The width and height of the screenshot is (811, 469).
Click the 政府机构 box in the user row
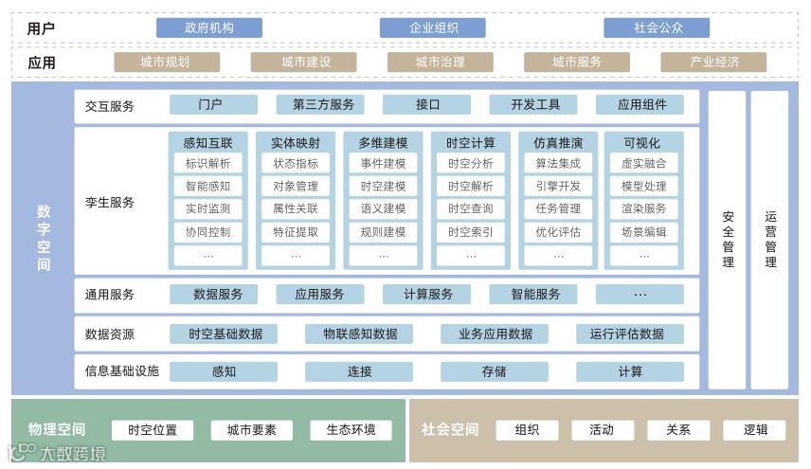[x=208, y=27]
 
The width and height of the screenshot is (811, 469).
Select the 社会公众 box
[x=658, y=27]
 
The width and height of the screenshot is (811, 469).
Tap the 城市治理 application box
[x=440, y=63]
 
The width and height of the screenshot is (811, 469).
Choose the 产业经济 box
[x=713, y=63]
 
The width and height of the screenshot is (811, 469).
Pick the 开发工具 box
[x=534, y=105]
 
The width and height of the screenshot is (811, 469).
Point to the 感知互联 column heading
[x=207, y=143]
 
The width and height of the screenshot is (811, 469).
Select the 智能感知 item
[x=207, y=186]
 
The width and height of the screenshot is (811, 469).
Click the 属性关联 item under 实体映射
[x=295, y=208]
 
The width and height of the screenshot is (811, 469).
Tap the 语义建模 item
[x=383, y=208]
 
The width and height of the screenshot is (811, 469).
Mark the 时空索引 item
[x=470, y=231]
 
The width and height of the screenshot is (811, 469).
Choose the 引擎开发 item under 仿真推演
[x=557, y=186]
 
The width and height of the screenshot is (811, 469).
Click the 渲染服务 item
[x=644, y=208]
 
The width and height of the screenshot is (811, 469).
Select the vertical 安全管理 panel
[x=728, y=239]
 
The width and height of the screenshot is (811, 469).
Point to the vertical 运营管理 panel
[x=770, y=239]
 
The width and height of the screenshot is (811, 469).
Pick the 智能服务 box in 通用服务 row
[x=534, y=294]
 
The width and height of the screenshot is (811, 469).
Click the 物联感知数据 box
[x=359, y=334]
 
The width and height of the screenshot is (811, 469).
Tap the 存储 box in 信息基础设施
[x=494, y=371]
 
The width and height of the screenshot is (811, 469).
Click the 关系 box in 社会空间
[x=677, y=430]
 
